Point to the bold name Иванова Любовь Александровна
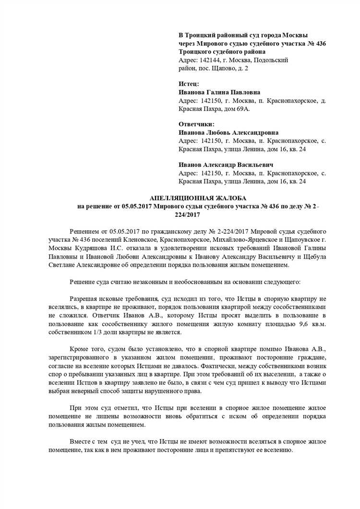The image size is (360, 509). (228, 132)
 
